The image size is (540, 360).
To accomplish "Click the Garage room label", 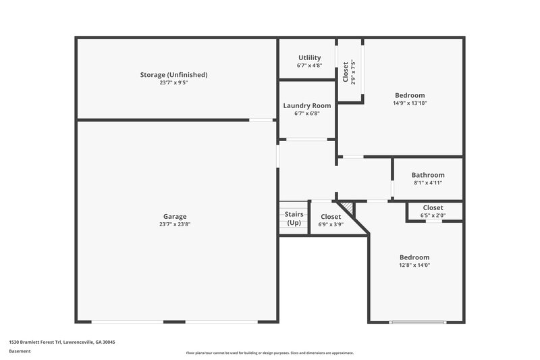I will pyautogui.click(x=174, y=216).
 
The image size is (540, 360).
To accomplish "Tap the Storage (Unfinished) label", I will pyautogui.click(x=173, y=74).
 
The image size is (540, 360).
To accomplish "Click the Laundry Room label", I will pyautogui.click(x=306, y=105).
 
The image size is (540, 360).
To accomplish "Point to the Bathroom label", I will pyautogui.click(x=427, y=175).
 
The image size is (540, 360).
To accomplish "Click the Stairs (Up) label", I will pyautogui.click(x=294, y=218).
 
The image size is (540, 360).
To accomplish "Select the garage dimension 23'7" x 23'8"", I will pyautogui.click(x=174, y=224).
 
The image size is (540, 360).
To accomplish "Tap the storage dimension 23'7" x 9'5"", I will pyautogui.click(x=173, y=83).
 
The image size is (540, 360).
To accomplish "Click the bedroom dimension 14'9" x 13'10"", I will pyautogui.click(x=410, y=103).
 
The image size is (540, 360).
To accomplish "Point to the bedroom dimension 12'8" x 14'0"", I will pyautogui.click(x=414, y=265).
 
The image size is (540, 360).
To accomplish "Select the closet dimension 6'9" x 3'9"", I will pyautogui.click(x=331, y=225).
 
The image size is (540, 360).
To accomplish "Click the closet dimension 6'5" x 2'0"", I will pyautogui.click(x=433, y=215).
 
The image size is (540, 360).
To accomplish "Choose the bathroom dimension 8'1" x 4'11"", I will pyautogui.click(x=427, y=183).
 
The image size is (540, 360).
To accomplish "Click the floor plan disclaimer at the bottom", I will pyautogui.click(x=270, y=353).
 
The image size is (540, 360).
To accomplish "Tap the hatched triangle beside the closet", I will pyautogui.click(x=346, y=207).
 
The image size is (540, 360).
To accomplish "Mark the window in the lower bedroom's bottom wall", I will pyautogui.click(x=414, y=322).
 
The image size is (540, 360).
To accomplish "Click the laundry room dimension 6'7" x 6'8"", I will pyautogui.click(x=306, y=113).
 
